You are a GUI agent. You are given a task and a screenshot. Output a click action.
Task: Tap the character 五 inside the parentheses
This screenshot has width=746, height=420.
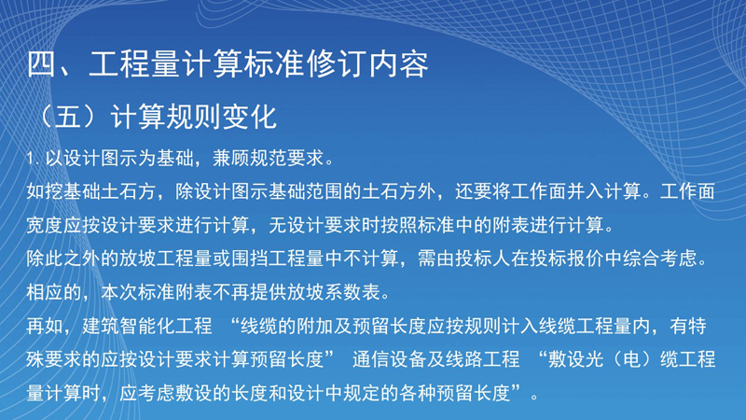pos(68,116)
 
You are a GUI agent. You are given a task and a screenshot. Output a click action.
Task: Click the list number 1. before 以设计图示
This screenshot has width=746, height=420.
pos(33,159)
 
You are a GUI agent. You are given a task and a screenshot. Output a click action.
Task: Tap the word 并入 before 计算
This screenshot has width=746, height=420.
pos(586,191)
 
